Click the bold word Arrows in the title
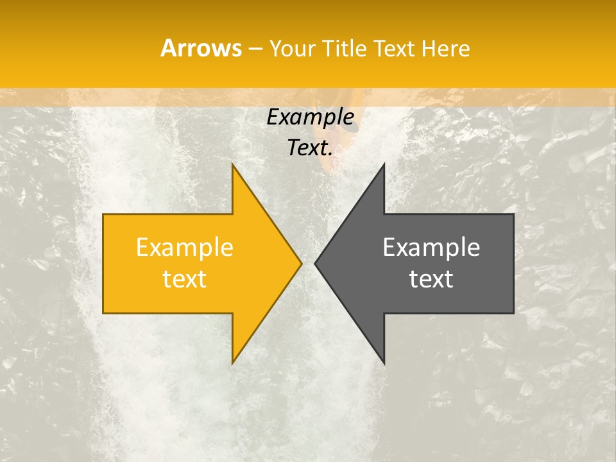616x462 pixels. point(200,48)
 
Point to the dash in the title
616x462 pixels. point(255,49)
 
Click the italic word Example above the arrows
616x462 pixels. point(311,117)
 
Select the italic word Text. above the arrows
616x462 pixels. point(311,148)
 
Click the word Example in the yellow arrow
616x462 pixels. point(185,248)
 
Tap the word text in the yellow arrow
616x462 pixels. point(185,279)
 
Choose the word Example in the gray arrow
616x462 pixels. point(431,248)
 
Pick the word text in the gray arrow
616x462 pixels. point(431,279)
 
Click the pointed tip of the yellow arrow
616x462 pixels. point(301,263)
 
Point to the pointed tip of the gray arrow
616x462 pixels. point(316,263)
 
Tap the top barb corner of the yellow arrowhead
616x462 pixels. point(233,165)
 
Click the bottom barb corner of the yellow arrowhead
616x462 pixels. point(233,363)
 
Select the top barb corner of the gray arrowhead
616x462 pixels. point(384,165)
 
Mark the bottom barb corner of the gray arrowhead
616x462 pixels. point(384,363)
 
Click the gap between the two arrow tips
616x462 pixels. point(308,263)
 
